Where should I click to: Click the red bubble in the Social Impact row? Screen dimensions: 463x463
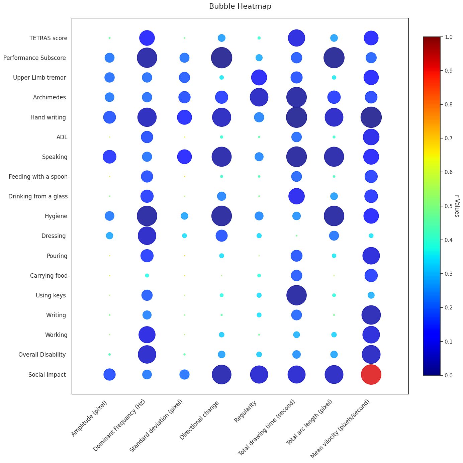(371, 374)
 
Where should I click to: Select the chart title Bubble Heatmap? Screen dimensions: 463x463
(240, 6)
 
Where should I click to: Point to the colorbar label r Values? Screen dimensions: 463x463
(457, 206)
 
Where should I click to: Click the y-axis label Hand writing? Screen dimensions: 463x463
(48, 117)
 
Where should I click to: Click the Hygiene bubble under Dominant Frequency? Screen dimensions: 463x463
(147, 216)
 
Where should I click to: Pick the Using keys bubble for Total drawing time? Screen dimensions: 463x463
(296, 295)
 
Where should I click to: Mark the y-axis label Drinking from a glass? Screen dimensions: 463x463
(38, 196)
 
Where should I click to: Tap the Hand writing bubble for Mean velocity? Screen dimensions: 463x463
(371, 117)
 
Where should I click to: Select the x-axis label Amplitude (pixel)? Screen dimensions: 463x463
(89, 419)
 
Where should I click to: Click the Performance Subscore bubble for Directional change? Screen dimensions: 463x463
(221, 58)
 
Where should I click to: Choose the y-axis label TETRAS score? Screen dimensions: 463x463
(48, 38)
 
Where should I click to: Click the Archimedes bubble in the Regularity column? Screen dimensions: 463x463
(259, 97)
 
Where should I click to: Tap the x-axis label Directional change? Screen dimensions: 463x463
(199, 420)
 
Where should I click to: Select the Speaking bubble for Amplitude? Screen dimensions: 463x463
(109, 157)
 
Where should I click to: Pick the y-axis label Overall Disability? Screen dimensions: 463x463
(42, 355)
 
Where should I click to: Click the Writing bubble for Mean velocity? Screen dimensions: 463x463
(371, 315)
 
